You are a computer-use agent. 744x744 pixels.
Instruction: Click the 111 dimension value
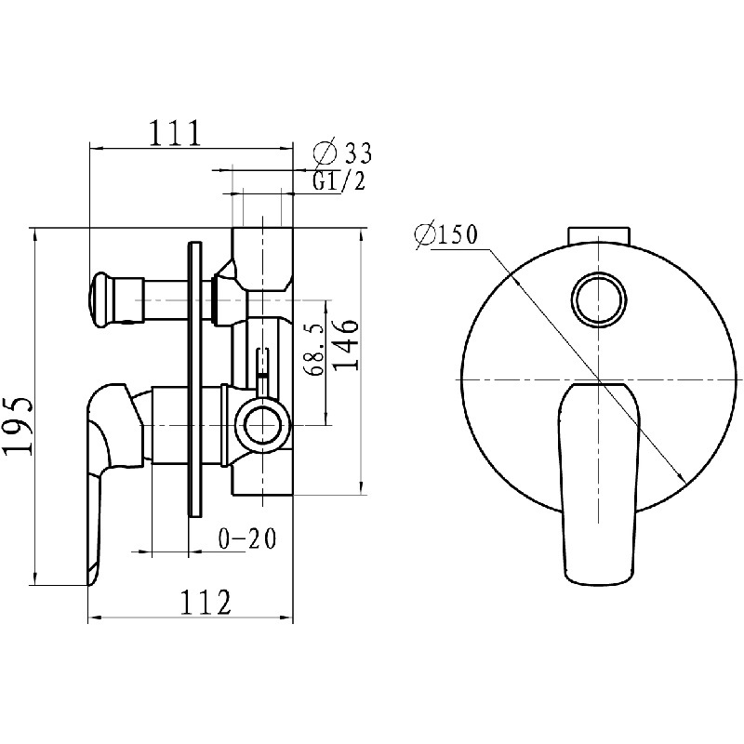pyautogui.click(x=176, y=133)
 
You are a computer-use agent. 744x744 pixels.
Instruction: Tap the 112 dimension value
pyautogui.click(x=206, y=602)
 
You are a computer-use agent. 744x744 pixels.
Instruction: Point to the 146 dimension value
pyautogui.click(x=344, y=345)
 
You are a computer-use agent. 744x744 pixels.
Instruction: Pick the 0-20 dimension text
pyautogui.click(x=246, y=539)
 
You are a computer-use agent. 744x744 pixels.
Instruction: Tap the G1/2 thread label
pyautogui.click(x=339, y=180)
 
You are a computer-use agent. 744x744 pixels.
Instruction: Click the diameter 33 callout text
pyautogui.click(x=342, y=153)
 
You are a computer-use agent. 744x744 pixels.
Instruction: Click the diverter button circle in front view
pyautogui.click(x=599, y=299)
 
